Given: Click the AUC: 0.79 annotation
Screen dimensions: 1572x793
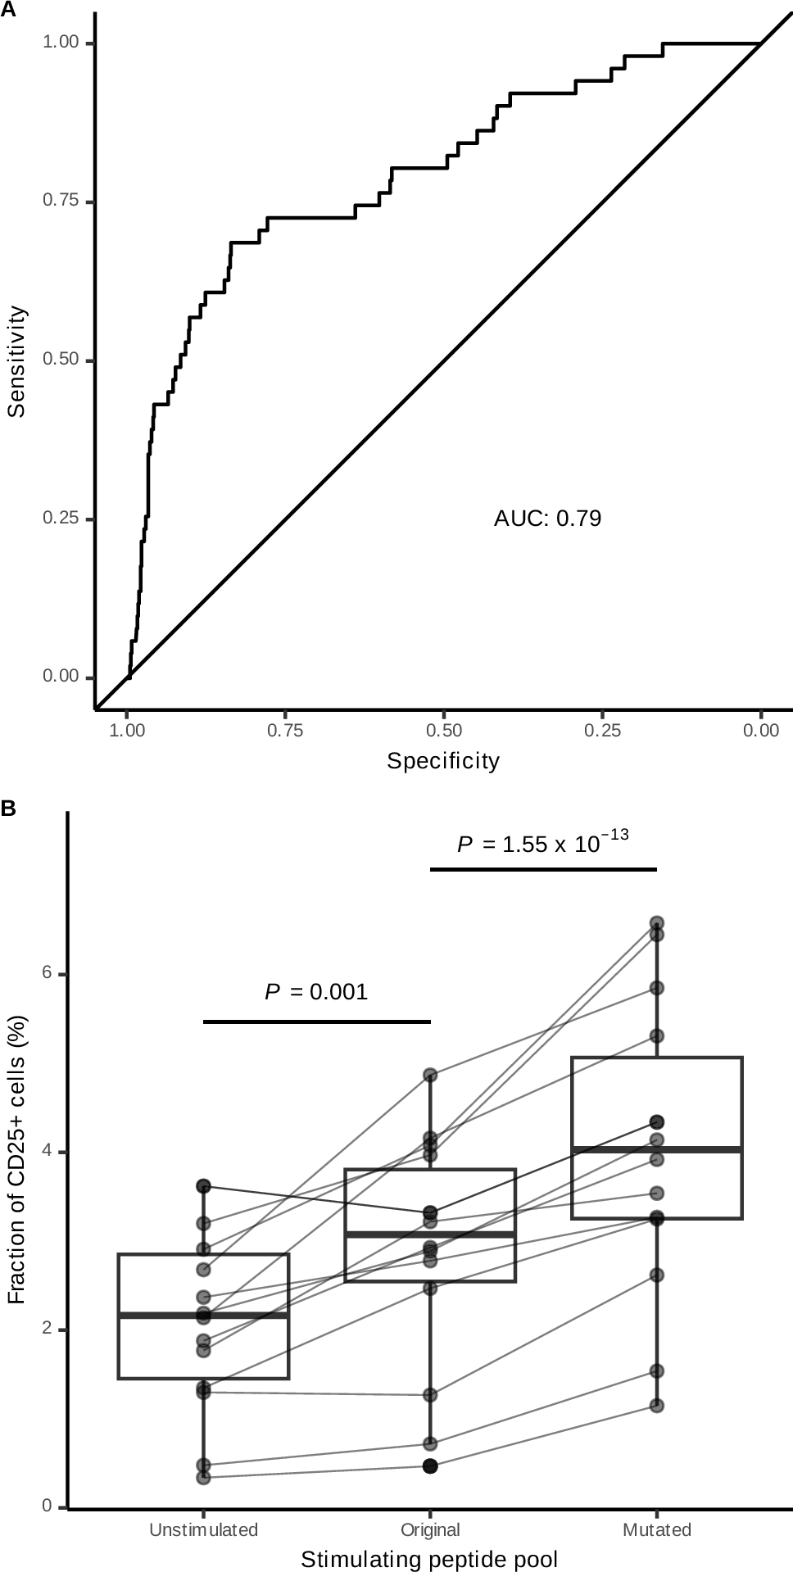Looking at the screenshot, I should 547,519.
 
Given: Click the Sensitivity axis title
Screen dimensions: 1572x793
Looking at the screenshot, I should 16,361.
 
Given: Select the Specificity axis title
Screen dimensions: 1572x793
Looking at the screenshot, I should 443,761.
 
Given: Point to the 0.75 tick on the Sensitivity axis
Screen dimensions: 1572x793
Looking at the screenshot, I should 60,202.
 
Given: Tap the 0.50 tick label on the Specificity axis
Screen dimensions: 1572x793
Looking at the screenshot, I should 443,731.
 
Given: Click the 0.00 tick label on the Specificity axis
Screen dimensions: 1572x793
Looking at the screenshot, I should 760,731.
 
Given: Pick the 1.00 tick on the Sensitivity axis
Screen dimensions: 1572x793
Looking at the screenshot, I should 60,43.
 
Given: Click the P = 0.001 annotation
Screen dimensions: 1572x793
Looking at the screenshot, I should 316,993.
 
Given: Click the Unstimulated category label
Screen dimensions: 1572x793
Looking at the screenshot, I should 203,1529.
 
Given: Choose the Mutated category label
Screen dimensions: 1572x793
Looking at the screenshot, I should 656,1529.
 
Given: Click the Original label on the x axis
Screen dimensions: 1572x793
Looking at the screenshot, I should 430,1529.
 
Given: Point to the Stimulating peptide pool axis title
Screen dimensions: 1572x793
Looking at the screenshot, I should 429,1559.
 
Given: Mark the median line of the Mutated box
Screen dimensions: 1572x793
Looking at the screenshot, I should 656,1150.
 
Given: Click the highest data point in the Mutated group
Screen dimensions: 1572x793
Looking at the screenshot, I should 656,923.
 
